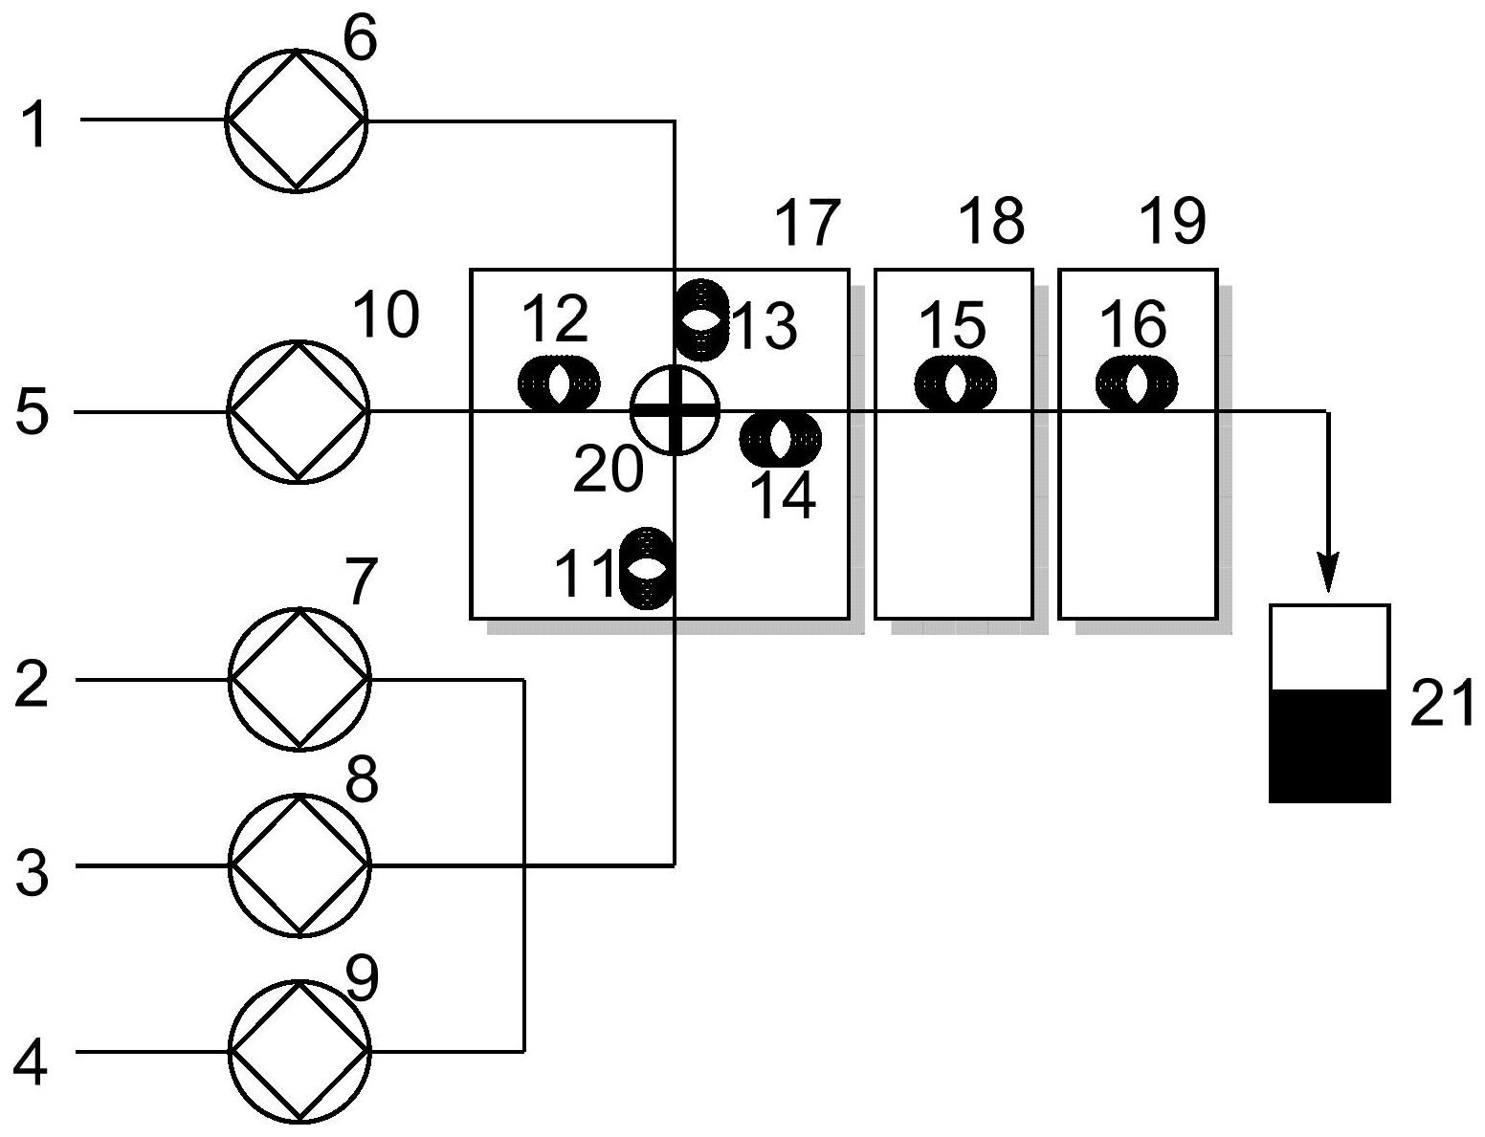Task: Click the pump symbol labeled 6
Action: [296, 120]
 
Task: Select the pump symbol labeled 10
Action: [298, 411]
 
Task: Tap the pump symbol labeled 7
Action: [299, 679]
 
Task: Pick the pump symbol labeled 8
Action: [299, 865]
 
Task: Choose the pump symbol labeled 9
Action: [299, 1051]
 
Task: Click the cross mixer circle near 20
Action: [675, 410]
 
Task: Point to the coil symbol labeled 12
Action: [560, 384]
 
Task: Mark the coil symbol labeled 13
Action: [702, 319]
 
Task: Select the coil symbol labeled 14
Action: [781, 439]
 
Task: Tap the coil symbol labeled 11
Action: [648, 567]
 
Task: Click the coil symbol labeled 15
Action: [955, 384]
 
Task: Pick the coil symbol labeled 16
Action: [1137, 384]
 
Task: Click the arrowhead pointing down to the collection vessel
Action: [1327, 575]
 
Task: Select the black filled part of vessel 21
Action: [1329, 745]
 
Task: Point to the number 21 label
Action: [1441, 706]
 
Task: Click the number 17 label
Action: [807, 223]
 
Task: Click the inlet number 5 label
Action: [33, 414]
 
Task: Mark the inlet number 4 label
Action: [31, 1062]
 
